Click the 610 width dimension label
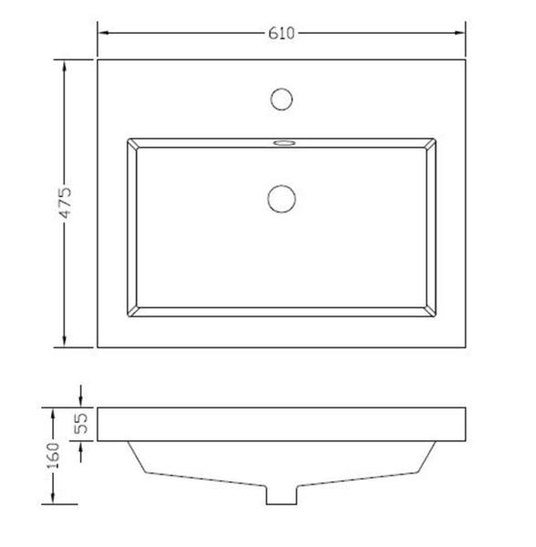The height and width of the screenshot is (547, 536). pos(282,34)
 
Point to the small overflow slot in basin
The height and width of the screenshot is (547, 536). pos(283,143)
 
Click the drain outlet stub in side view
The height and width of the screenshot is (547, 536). pos(282,493)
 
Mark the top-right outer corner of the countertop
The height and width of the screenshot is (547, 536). pos(468,60)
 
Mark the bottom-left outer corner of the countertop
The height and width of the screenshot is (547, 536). pos(98,347)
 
